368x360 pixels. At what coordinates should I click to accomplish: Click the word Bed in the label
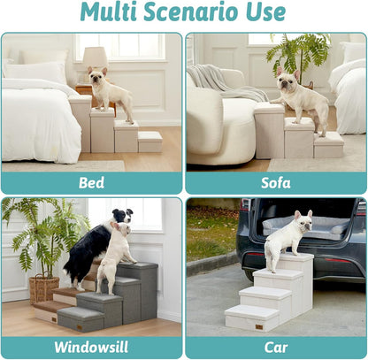point(92,183)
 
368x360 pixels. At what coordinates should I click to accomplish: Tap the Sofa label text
point(275,183)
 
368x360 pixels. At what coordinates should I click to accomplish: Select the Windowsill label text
point(92,347)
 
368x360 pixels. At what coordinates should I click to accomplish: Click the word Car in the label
point(275,347)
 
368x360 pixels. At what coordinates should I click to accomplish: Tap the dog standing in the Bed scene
point(110,94)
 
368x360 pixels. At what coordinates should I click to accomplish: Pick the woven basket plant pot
point(43,288)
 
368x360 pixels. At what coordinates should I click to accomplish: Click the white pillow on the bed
point(35,72)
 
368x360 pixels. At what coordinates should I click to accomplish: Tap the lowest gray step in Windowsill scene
point(80,317)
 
